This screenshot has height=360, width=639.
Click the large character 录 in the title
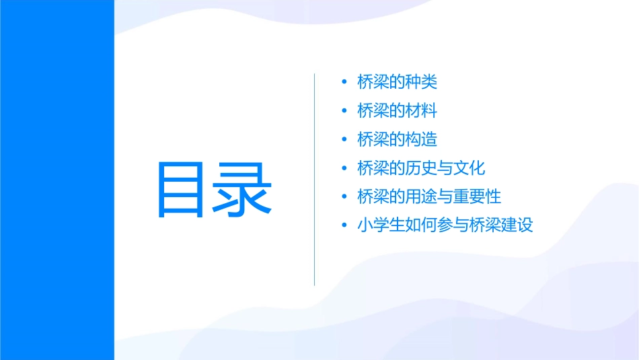[x=243, y=190]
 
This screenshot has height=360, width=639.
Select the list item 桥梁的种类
[x=398, y=82]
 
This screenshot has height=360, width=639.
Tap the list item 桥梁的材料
[x=398, y=111]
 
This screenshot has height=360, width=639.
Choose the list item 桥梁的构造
[x=398, y=139]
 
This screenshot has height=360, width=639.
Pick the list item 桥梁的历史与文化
[x=422, y=168]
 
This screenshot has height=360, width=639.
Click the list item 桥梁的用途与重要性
[x=430, y=196]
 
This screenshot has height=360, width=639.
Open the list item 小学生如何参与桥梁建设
[x=445, y=225]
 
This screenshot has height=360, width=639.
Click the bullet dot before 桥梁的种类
[x=344, y=83]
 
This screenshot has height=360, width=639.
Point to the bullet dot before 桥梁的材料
[x=344, y=111]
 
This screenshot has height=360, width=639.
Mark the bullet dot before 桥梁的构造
[x=344, y=140]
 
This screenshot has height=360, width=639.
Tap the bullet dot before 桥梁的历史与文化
[x=344, y=168]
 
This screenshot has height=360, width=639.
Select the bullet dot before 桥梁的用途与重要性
[x=344, y=197]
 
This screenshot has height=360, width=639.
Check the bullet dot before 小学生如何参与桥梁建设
[x=344, y=225]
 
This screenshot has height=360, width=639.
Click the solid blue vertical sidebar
[x=57, y=180]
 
